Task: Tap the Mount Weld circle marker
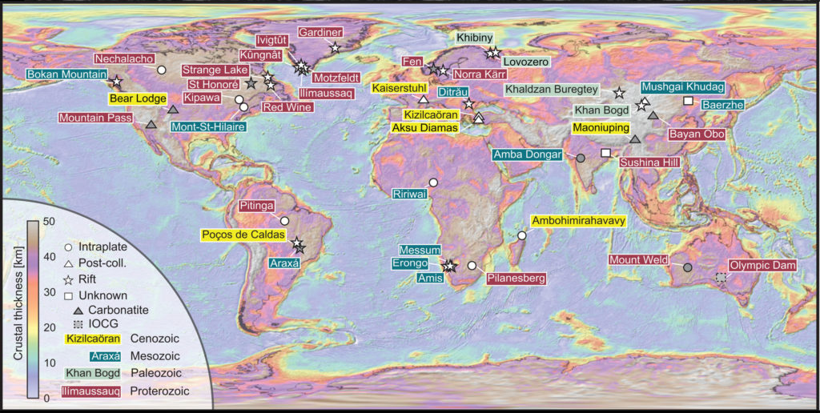(687, 267)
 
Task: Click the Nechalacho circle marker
(161, 70)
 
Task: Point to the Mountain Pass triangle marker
(151, 124)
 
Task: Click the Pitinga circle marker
(284, 221)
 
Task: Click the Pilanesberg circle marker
(472, 265)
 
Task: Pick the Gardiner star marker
(335, 49)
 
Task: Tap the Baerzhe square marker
(687, 100)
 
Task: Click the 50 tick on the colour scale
(49, 221)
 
